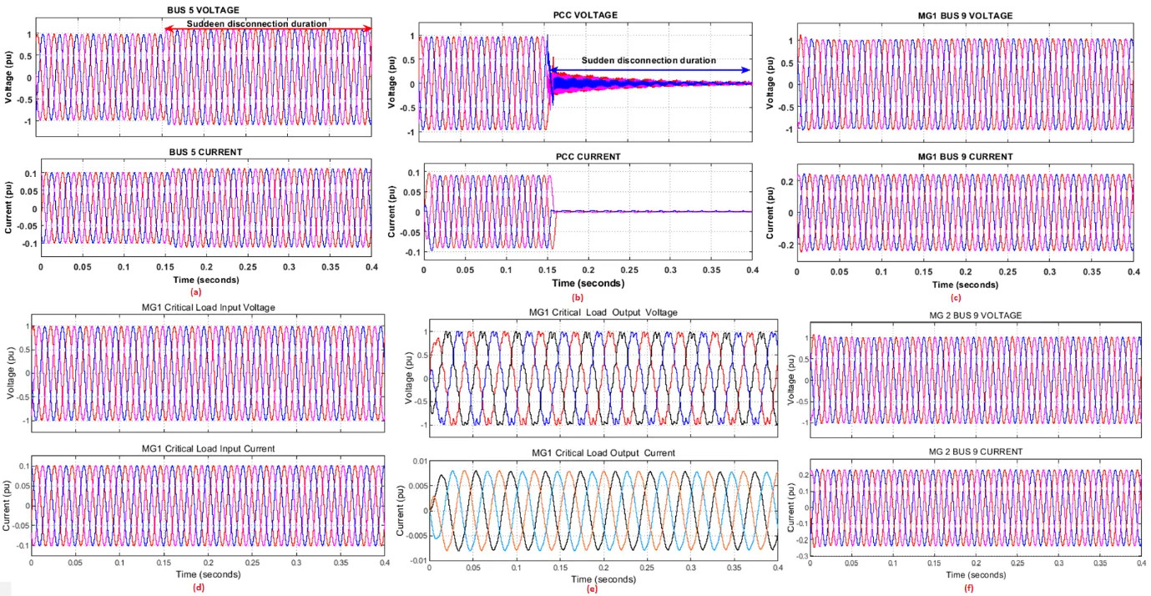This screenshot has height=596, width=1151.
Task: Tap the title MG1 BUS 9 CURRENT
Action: coord(964,156)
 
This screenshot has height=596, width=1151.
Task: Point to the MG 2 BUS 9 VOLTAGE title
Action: coord(974,314)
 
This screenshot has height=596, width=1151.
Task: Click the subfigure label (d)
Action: coord(198,587)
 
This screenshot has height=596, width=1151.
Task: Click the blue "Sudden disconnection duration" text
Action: coord(649,60)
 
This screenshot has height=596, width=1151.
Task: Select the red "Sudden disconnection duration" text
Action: coord(256,24)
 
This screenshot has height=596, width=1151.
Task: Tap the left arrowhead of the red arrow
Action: coord(167,30)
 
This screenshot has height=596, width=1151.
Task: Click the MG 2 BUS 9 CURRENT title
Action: coord(974,452)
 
